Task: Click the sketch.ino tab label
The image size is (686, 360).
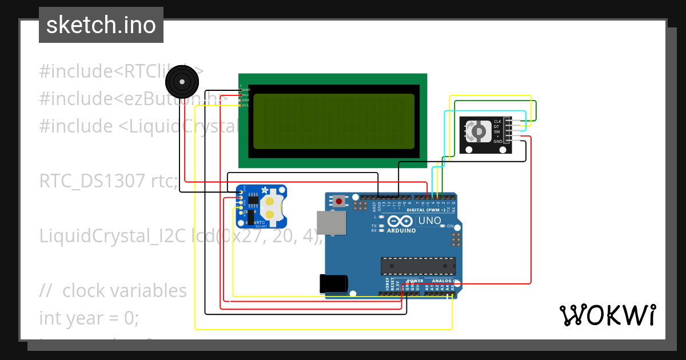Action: (101, 25)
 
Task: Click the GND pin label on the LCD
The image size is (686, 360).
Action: (246, 90)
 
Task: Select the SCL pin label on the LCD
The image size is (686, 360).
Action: (246, 105)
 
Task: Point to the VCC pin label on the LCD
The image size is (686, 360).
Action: (246, 95)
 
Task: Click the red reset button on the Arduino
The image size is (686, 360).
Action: (340, 201)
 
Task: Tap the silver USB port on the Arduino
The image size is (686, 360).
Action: (332, 223)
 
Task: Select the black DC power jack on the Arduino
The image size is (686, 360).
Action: (334, 283)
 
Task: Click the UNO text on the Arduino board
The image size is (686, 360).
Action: (429, 221)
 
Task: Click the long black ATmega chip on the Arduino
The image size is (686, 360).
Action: (418, 266)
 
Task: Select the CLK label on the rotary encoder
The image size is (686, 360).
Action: (497, 122)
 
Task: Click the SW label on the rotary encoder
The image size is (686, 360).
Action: (497, 131)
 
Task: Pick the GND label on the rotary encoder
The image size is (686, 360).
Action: (497, 141)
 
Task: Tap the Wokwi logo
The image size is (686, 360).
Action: (607, 315)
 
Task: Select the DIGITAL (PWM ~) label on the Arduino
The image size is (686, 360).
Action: (426, 210)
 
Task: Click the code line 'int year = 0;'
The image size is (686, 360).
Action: (89, 318)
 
